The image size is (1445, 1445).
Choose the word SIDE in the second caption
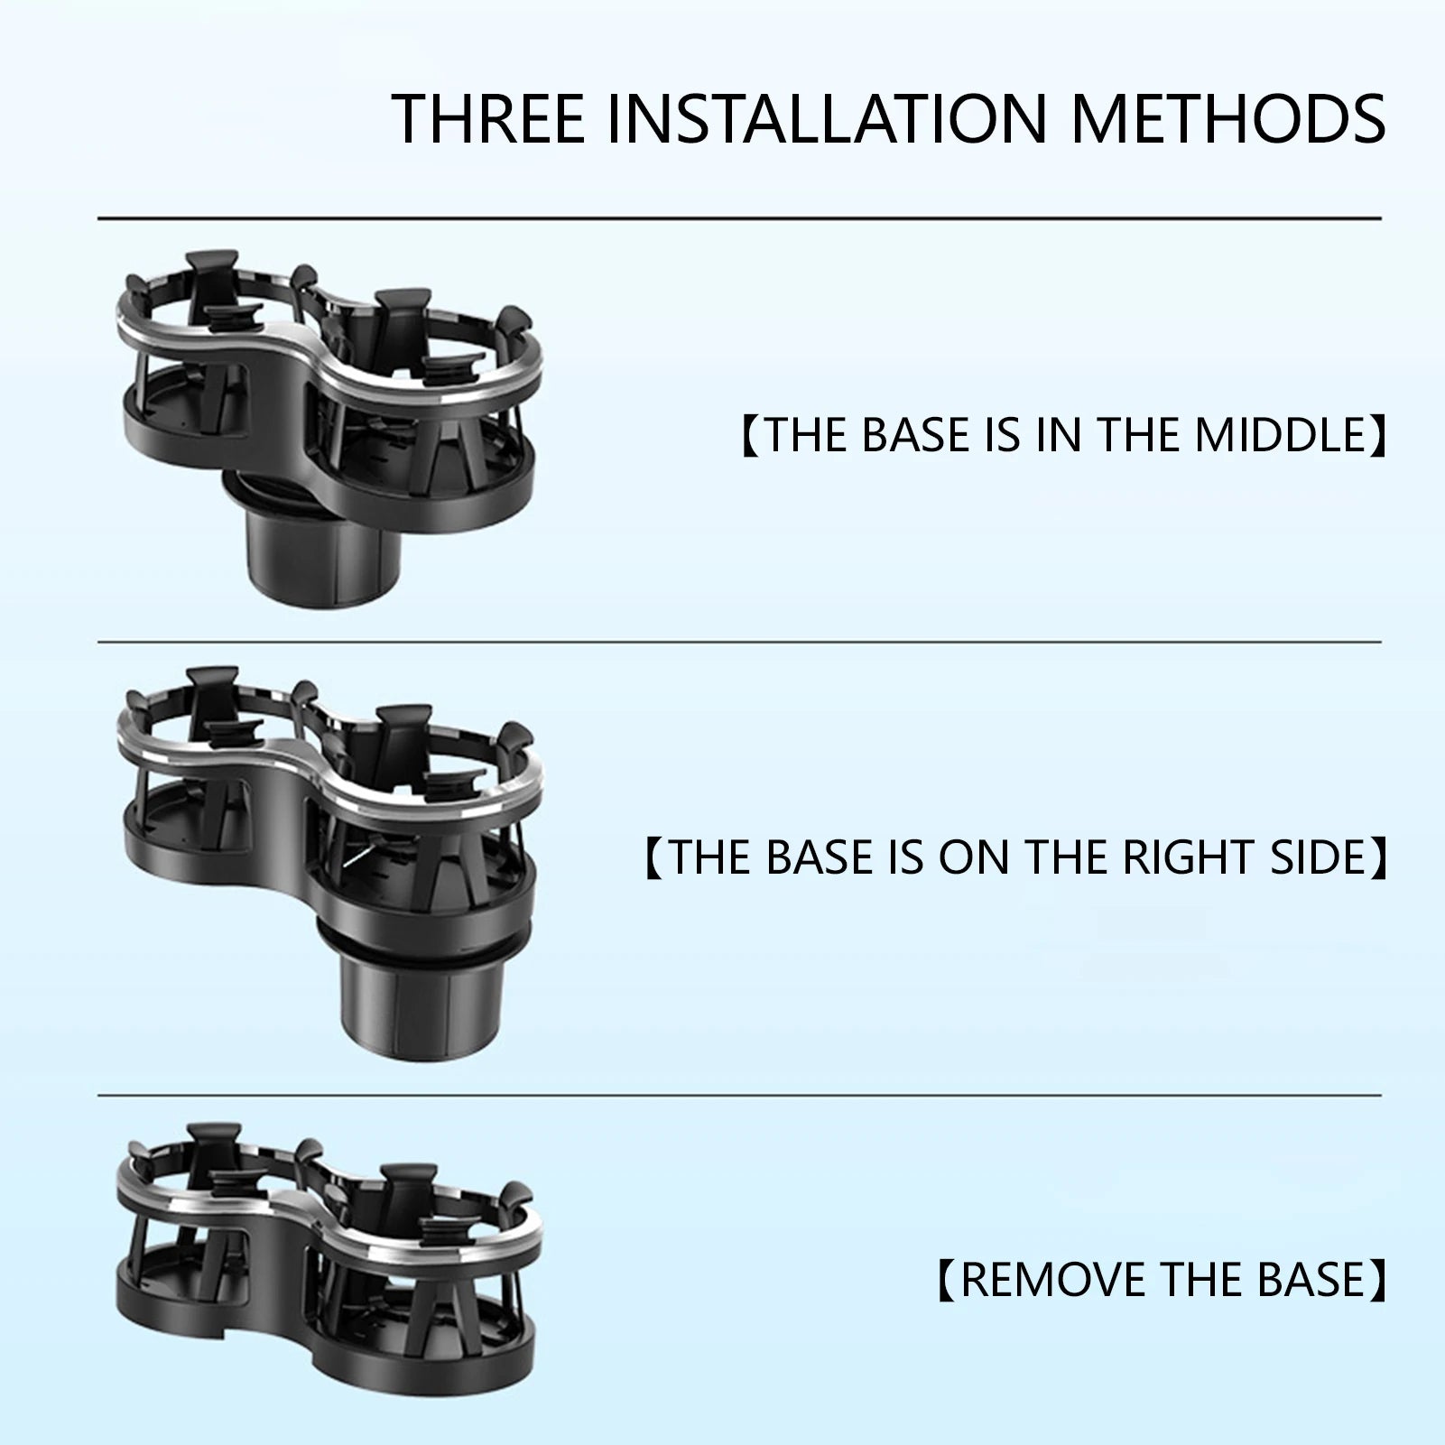[x=1319, y=857]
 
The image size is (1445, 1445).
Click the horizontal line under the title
[x=739, y=218]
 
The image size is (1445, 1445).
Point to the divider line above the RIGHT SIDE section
[x=739, y=643]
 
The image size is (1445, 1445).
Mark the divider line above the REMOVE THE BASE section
[x=739, y=1096]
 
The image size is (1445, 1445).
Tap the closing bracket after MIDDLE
[x=1378, y=434]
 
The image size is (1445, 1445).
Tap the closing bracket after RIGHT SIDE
[x=1378, y=857]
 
